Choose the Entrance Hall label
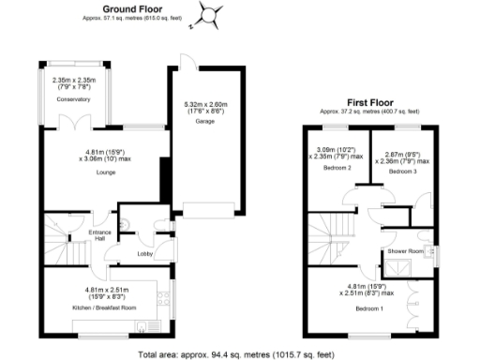point(100,234)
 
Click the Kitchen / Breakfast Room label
point(105,307)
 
